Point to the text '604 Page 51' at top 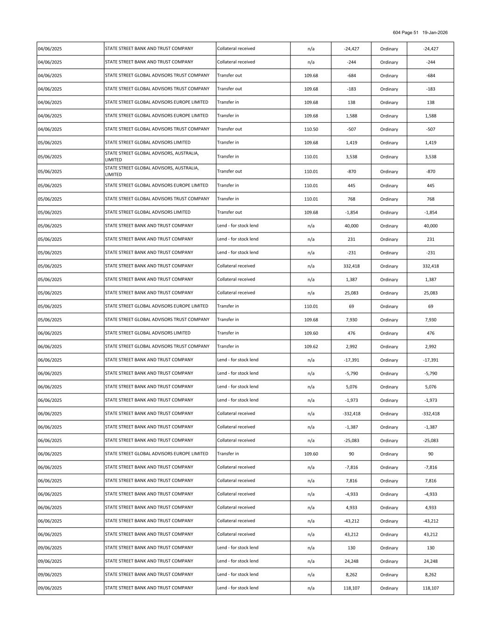coord(406,33)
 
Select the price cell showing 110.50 coord(311,129)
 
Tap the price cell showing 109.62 coord(311,347)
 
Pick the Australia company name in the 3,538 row coord(152,156)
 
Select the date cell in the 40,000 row coord(50,226)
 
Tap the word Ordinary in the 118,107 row coord(389,588)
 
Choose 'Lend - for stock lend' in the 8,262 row coord(237,574)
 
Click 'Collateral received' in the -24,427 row coord(236,49)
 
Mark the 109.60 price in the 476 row coord(311,333)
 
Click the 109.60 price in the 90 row coord(311,454)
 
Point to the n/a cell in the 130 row coord(311,548)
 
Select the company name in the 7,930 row coord(157,320)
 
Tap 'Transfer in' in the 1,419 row coord(228,142)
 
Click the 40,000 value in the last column coord(430,226)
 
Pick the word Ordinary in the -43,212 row coord(389,521)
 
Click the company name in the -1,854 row coord(148,212)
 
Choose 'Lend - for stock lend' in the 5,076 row coord(237,387)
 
